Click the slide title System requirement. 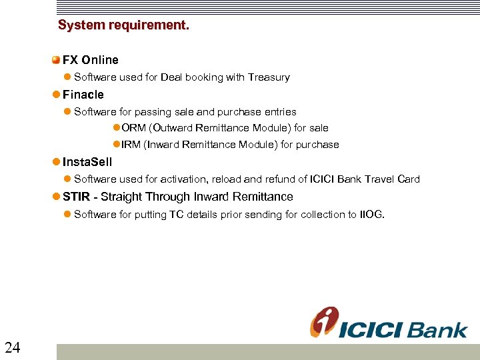click(x=123, y=25)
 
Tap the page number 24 click(x=12, y=347)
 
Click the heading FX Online click(x=91, y=60)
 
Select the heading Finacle click(x=83, y=95)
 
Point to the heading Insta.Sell click(x=87, y=162)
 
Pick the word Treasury click(x=269, y=77)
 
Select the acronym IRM click(x=131, y=145)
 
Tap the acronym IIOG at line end click(x=371, y=214)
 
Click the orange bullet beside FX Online click(x=57, y=60)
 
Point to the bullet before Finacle click(x=57, y=95)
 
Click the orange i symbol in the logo click(x=324, y=322)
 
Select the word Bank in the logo click(x=438, y=329)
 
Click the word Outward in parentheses click(x=173, y=128)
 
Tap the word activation click(x=184, y=179)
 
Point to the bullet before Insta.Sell click(x=57, y=162)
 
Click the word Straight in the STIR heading click(x=123, y=197)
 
